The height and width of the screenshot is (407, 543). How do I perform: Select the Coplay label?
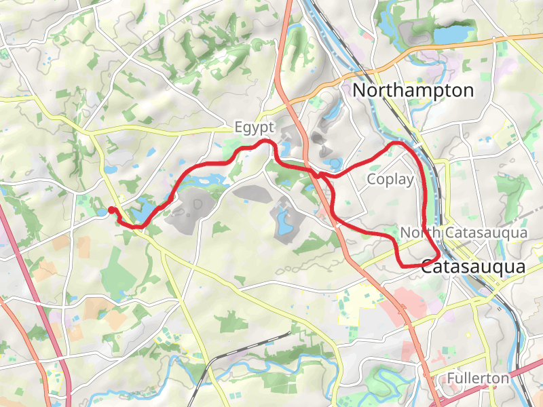[x=390, y=180]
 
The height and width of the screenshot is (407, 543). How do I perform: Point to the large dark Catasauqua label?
[x=473, y=267]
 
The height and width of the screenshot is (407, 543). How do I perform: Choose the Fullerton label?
[x=478, y=378]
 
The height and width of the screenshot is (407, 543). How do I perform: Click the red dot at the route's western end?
[x=111, y=210]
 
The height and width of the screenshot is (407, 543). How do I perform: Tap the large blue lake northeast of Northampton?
[x=453, y=34]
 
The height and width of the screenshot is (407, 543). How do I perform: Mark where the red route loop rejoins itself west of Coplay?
[x=320, y=175]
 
